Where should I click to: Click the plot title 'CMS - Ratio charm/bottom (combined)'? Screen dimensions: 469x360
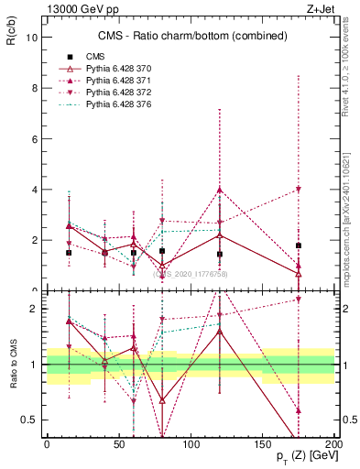190,36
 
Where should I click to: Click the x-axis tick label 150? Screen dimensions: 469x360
263,443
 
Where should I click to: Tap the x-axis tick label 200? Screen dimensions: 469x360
335,443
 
